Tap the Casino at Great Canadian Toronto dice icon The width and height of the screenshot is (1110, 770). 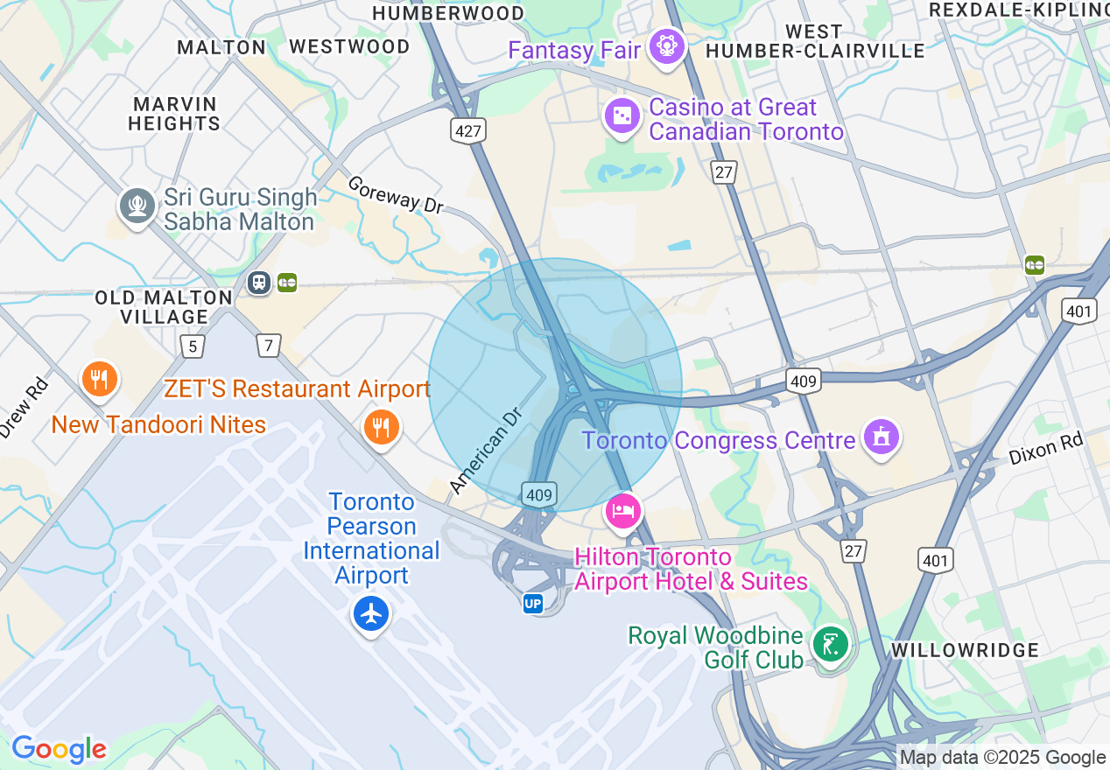(622, 116)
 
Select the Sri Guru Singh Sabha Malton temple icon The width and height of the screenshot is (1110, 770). (137, 206)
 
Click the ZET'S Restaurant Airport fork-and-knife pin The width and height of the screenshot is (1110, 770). (382, 426)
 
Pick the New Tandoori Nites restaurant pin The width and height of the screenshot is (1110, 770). (100, 379)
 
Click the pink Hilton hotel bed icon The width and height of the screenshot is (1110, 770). (623, 510)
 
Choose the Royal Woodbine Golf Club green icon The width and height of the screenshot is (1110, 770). (829, 646)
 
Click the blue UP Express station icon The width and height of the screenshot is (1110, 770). (532, 604)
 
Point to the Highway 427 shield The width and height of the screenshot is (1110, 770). (469, 131)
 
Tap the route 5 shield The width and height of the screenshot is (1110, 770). (193, 346)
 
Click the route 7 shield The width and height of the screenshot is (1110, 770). (269, 346)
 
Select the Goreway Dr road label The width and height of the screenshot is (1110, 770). (396, 194)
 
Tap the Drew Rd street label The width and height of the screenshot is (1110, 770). (23, 408)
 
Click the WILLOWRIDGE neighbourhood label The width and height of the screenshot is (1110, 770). (965, 650)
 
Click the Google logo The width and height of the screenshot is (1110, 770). (59, 749)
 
